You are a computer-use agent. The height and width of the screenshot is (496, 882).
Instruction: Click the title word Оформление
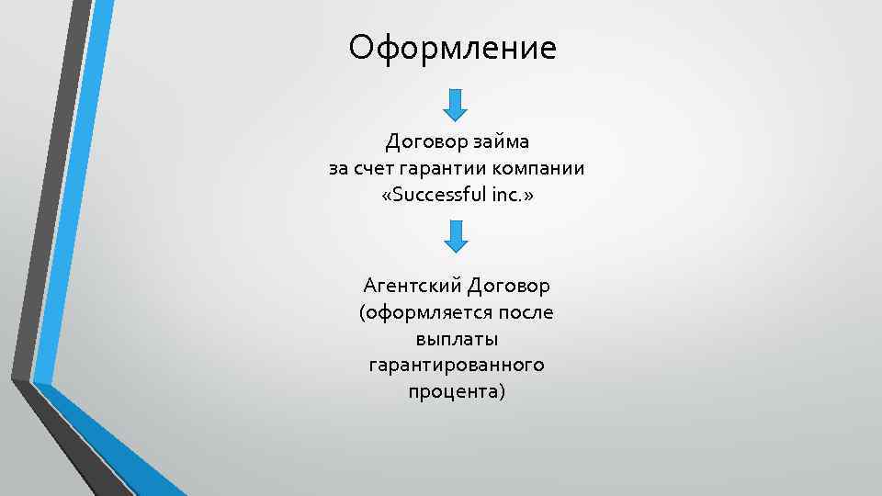(452, 47)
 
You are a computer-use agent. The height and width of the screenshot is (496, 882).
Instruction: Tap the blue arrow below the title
(456, 104)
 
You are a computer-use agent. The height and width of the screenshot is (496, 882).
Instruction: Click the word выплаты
(456, 339)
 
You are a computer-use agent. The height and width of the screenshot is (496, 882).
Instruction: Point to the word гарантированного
(456, 366)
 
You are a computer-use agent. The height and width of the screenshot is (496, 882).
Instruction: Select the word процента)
(456, 392)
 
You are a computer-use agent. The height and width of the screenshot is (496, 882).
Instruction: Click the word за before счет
(338, 169)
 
